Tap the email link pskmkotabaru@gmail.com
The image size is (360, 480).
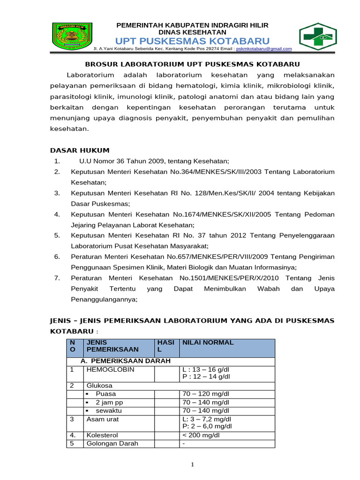pyautogui.click(x=264, y=49)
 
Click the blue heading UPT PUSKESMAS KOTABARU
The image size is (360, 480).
pyautogui.click(x=192, y=40)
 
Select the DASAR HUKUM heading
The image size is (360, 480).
pyautogui.click(x=80, y=150)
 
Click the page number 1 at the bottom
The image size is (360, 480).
pyautogui.click(x=192, y=465)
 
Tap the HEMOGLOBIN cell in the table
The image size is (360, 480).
pyautogui.click(x=107, y=370)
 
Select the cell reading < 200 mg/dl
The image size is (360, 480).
pyautogui.click(x=201, y=435)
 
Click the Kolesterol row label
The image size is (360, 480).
pyautogui.click(x=102, y=435)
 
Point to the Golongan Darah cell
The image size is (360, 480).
pyautogui.click(x=112, y=443)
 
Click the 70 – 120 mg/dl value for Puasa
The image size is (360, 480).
pyautogui.click(x=206, y=394)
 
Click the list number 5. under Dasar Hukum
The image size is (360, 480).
pyautogui.click(x=57, y=235)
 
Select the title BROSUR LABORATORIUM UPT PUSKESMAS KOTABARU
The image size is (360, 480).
pyautogui.click(x=192, y=64)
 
